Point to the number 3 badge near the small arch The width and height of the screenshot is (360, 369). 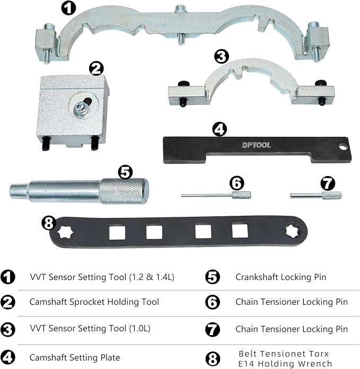[222, 56]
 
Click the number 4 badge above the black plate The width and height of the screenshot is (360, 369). [219, 129]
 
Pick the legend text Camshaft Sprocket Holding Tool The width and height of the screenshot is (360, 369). [94, 302]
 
